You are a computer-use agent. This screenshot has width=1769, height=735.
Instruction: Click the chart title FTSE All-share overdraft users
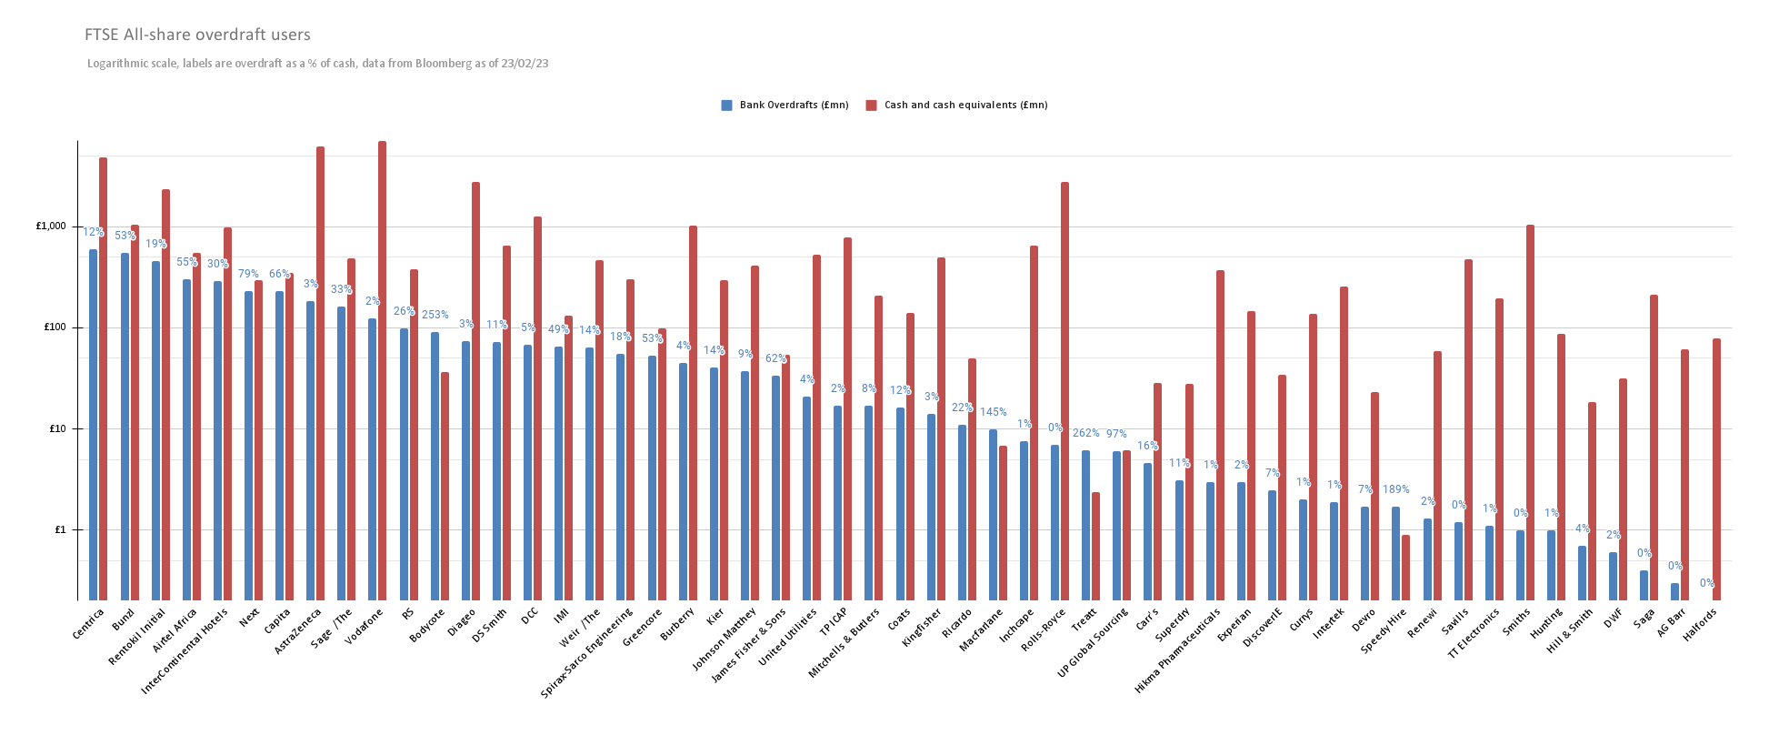point(197,35)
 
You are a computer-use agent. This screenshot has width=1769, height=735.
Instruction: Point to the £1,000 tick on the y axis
point(51,226)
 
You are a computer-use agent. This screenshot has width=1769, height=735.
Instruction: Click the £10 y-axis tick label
point(56,428)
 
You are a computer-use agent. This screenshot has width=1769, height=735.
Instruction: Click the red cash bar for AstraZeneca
point(320,373)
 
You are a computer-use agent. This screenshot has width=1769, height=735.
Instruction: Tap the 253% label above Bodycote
point(435,315)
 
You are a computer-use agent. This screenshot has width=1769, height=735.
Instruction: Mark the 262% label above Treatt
point(1085,433)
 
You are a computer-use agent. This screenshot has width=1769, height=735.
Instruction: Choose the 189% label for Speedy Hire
point(1395,489)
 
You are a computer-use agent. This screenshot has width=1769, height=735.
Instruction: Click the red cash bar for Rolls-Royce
point(1064,391)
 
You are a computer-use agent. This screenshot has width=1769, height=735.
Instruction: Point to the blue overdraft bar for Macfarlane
point(993,515)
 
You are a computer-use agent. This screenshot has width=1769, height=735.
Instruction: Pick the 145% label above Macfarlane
point(993,412)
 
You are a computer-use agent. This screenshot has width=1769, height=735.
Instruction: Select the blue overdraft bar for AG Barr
point(1674,591)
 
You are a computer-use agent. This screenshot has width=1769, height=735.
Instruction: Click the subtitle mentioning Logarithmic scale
point(317,64)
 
